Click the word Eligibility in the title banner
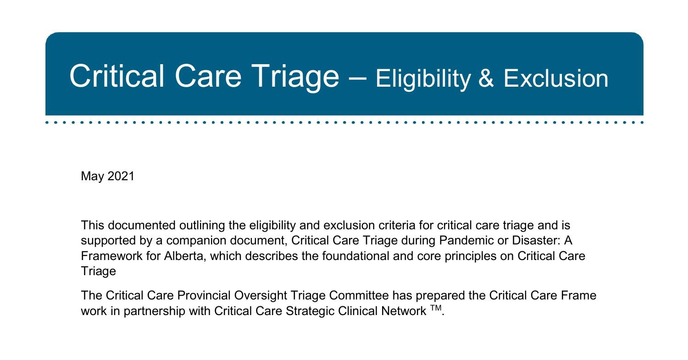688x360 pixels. click(x=423, y=78)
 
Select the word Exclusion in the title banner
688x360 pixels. click(x=556, y=78)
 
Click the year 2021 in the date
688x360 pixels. click(x=121, y=176)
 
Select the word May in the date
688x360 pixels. click(x=92, y=176)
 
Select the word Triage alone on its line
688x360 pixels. click(x=98, y=271)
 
